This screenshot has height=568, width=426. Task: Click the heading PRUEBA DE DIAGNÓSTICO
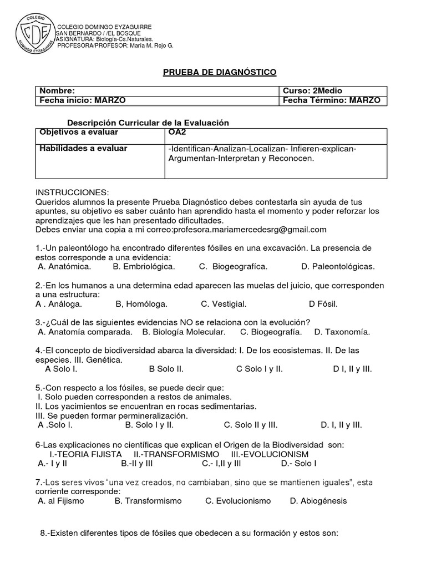click(x=219, y=72)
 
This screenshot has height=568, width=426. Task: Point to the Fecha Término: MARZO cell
click(x=331, y=100)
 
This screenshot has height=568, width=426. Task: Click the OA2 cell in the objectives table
click(x=177, y=133)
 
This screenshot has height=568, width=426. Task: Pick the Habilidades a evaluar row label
click(x=83, y=148)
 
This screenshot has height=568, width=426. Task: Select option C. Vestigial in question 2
click(x=224, y=304)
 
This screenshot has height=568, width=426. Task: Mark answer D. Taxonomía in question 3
click(x=342, y=332)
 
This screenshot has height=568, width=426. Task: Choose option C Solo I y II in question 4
click(x=259, y=369)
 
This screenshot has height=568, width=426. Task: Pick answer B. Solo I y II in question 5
click(x=149, y=425)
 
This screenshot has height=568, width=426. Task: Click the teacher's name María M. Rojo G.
click(x=151, y=45)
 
